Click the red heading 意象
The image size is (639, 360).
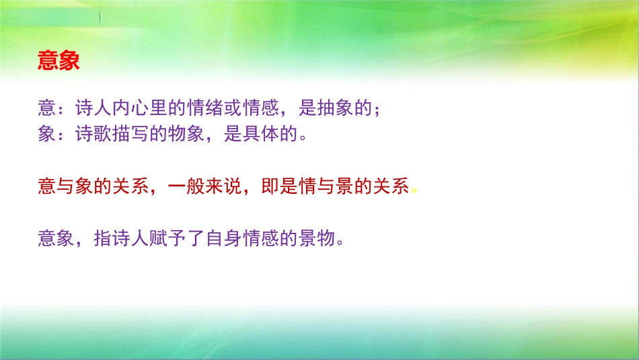coord(59,61)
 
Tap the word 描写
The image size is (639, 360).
coord(130,135)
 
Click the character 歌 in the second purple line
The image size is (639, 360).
coord(102,135)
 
